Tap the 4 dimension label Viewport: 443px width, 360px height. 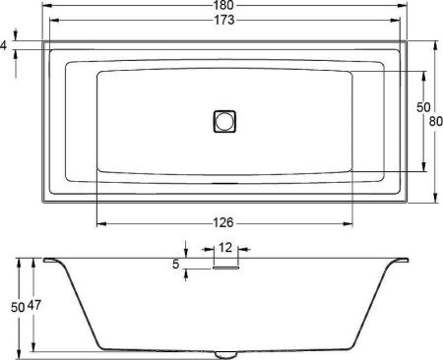(x=5, y=45)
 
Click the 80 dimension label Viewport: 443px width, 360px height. (x=433, y=122)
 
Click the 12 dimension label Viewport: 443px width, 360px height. (x=225, y=248)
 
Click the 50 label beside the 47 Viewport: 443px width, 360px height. (x=17, y=306)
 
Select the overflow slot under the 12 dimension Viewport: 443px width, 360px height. (x=225, y=265)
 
